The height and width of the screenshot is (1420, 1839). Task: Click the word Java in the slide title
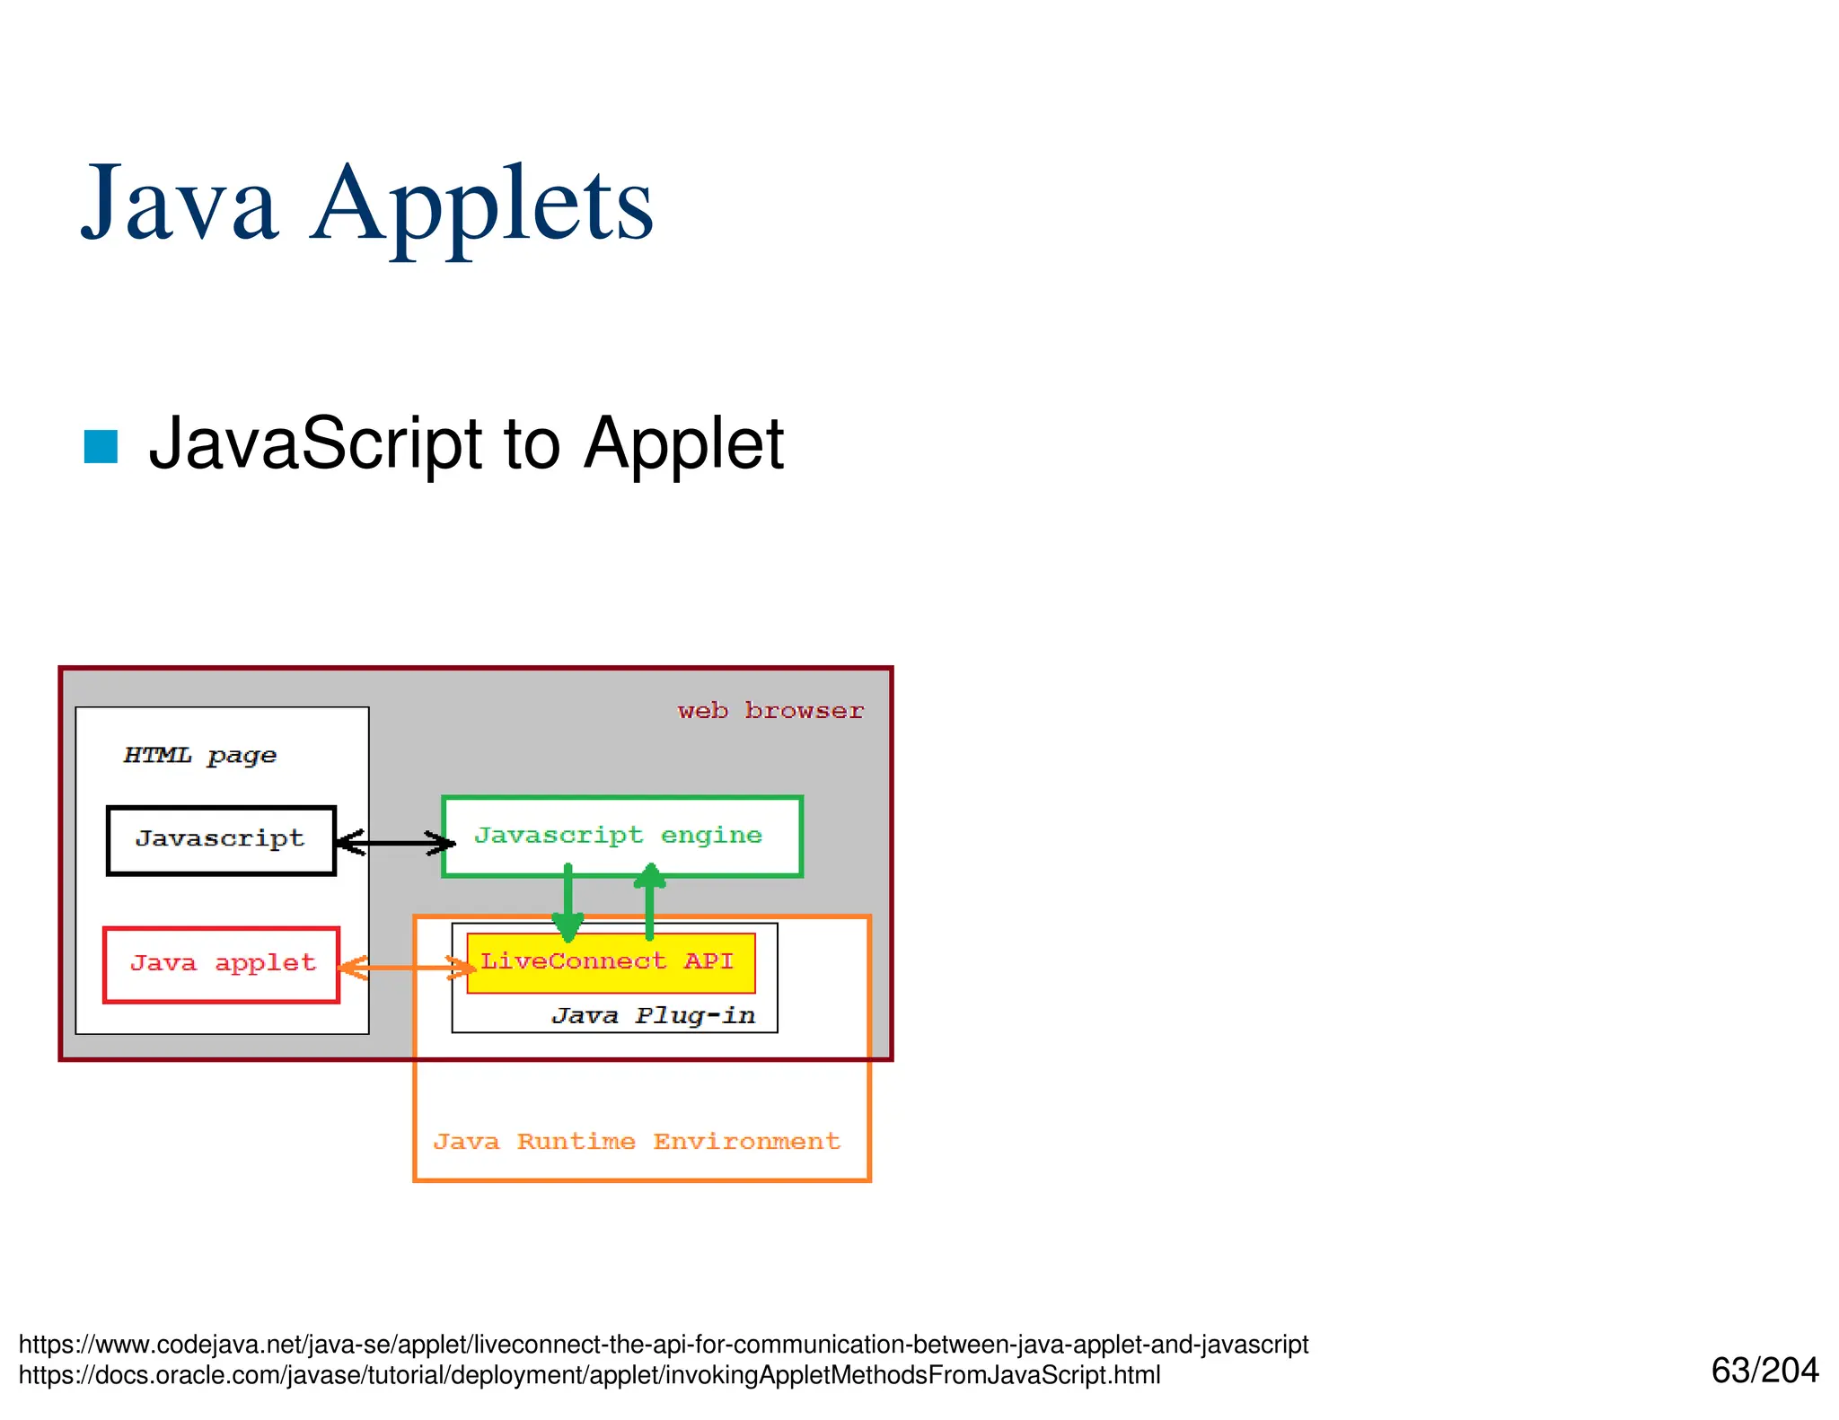click(x=180, y=205)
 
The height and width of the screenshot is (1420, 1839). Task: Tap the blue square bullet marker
click(x=101, y=447)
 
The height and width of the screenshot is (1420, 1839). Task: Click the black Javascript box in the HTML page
click(x=221, y=840)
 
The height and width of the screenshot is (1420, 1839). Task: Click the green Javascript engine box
click(x=621, y=836)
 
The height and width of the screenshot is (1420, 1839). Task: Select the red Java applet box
click(x=222, y=964)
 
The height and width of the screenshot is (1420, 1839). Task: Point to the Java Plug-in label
click(x=653, y=1015)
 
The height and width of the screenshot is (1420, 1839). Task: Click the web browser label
click(x=770, y=711)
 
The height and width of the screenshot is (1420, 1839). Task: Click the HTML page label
click(x=199, y=756)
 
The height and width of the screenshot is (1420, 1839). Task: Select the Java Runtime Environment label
click(x=637, y=1142)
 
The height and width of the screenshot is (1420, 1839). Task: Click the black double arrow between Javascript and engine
click(x=395, y=842)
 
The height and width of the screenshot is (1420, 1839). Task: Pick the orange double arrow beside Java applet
click(x=406, y=967)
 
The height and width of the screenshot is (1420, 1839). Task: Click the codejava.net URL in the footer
click(x=663, y=1345)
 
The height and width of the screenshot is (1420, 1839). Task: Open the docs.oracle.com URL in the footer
click(x=589, y=1375)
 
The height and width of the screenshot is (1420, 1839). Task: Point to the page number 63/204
click(x=1764, y=1371)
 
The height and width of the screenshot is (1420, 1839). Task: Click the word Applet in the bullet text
click(x=683, y=443)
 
